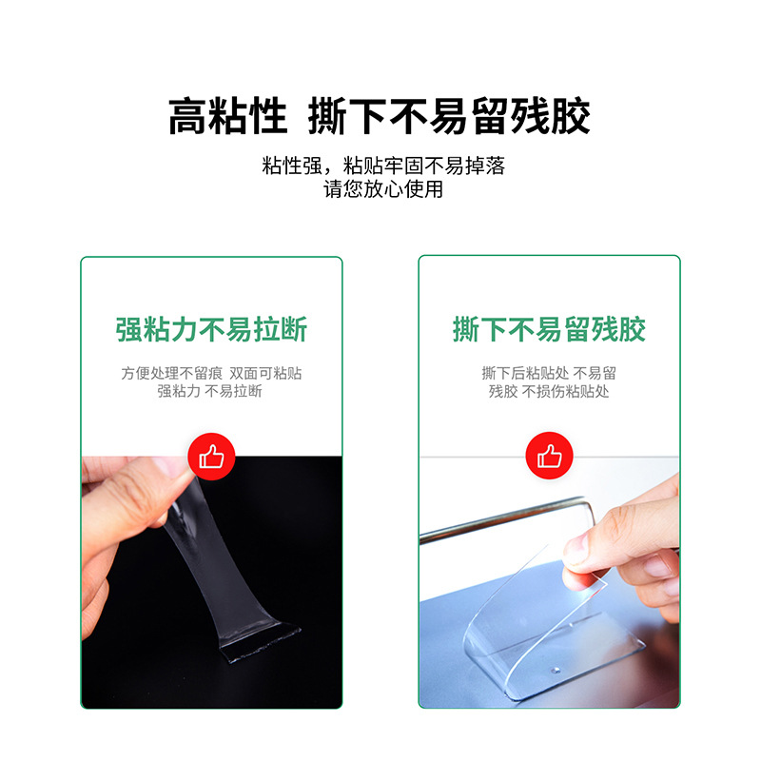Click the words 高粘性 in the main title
click(x=227, y=116)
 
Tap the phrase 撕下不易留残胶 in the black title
click(x=450, y=116)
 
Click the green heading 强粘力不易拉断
click(x=211, y=330)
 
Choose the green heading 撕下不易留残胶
click(x=549, y=330)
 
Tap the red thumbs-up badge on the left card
click(x=211, y=457)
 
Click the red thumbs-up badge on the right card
click(x=549, y=457)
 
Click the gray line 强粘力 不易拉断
click(x=210, y=391)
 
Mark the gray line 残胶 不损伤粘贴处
click(x=549, y=391)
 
